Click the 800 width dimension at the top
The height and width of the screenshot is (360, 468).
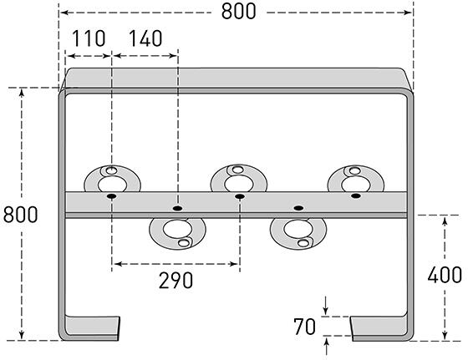click(238, 11)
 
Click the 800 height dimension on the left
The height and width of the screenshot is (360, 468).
click(20, 214)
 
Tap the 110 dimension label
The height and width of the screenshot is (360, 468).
click(88, 38)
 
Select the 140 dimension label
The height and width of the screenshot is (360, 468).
click(145, 38)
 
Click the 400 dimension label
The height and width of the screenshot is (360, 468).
click(443, 275)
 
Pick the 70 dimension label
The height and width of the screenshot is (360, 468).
click(306, 326)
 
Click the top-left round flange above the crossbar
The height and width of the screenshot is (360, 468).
click(111, 179)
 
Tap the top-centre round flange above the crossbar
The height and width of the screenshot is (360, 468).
click(238, 179)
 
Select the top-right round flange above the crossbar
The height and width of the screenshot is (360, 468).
click(356, 179)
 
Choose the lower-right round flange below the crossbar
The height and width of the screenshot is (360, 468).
click(298, 230)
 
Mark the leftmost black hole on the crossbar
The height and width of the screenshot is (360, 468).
click(111, 196)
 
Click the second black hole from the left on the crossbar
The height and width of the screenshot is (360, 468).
click(176, 206)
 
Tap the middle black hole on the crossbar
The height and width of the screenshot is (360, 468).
click(240, 196)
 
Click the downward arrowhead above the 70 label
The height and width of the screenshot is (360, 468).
click(326, 312)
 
